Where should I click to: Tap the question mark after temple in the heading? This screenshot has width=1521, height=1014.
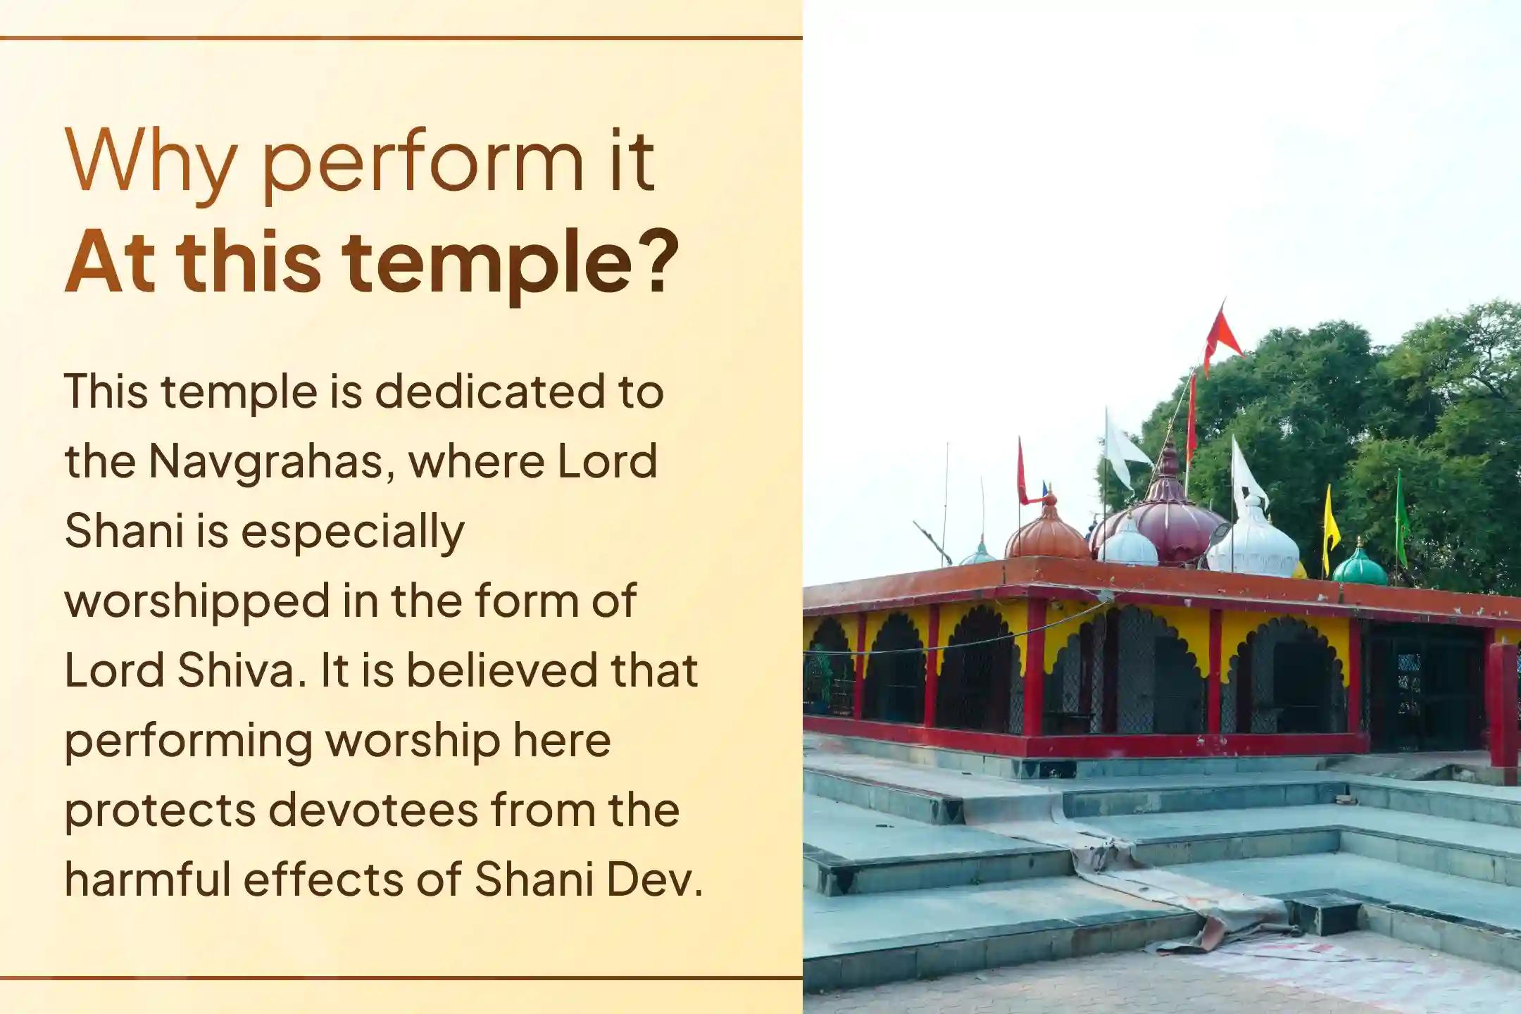(x=661, y=261)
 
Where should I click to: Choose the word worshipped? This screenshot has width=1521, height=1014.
(x=197, y=603)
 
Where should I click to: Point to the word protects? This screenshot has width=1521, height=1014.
(x=160, y=811)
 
